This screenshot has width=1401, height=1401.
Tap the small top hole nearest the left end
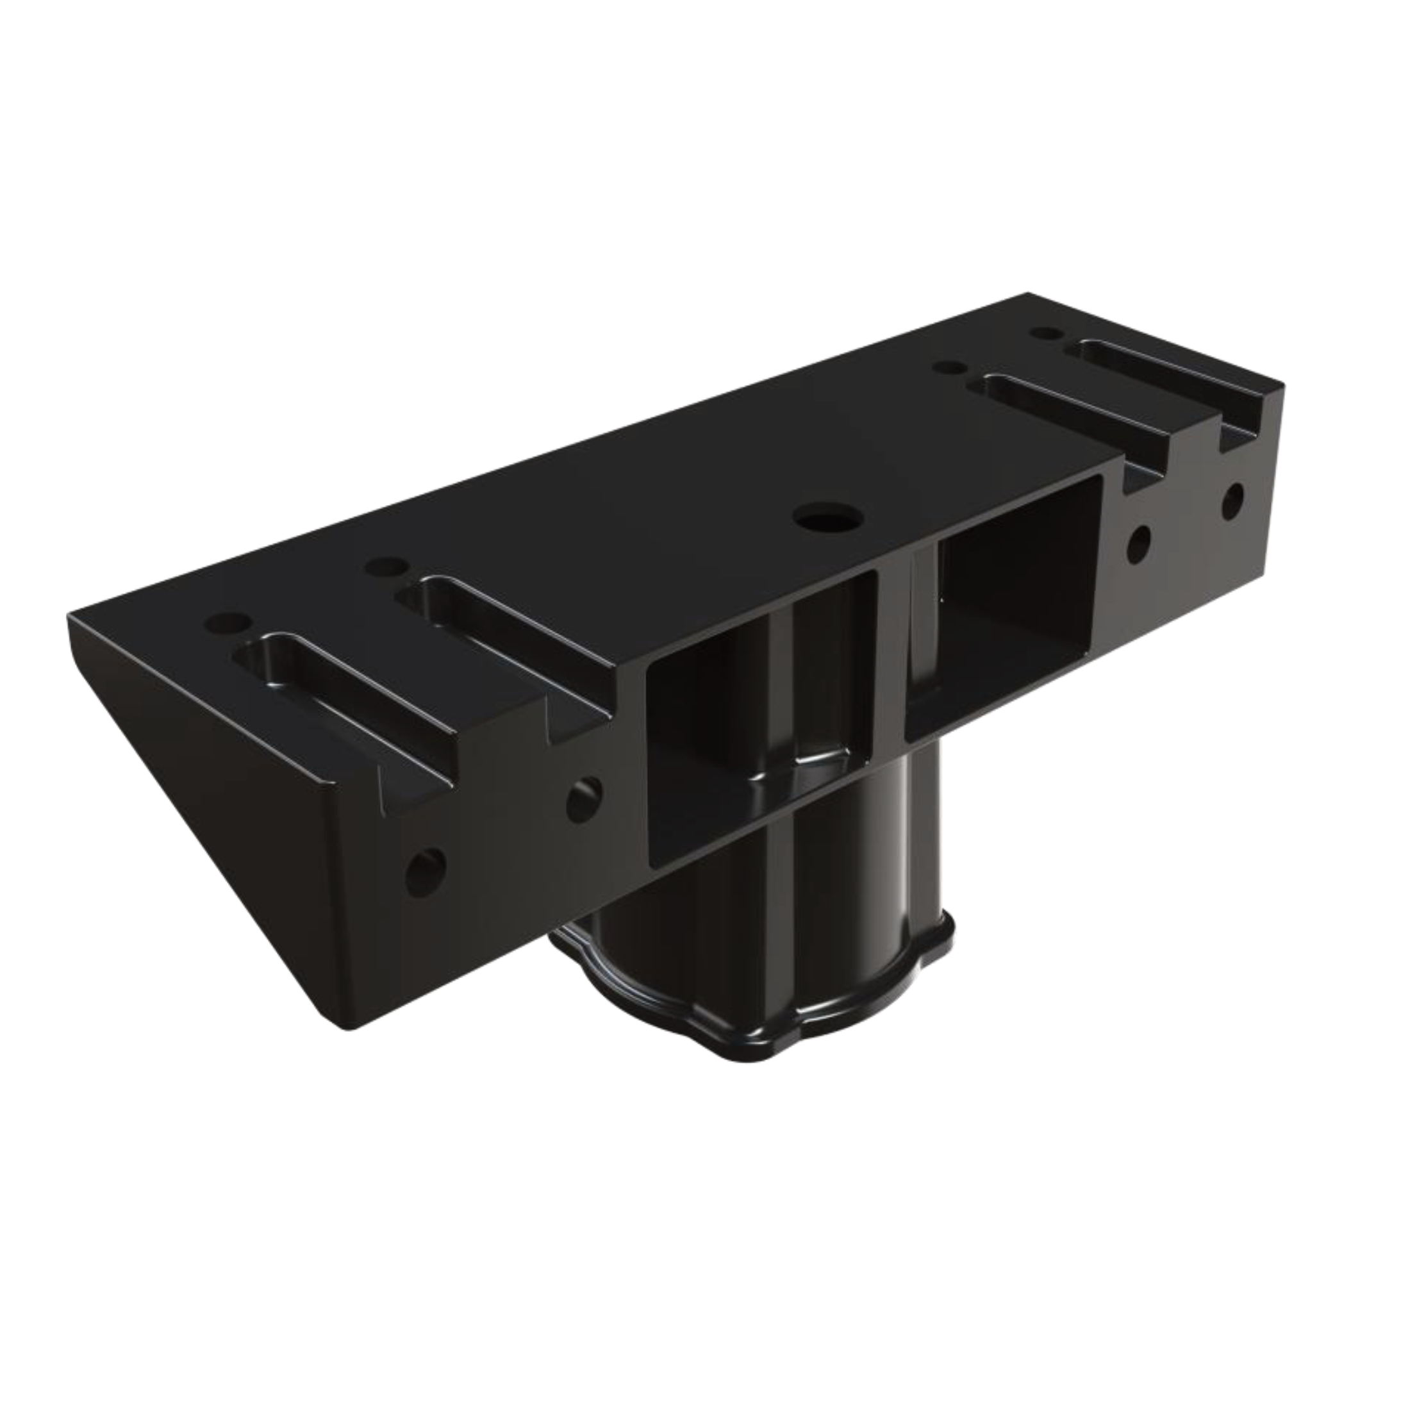point(227,622)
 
